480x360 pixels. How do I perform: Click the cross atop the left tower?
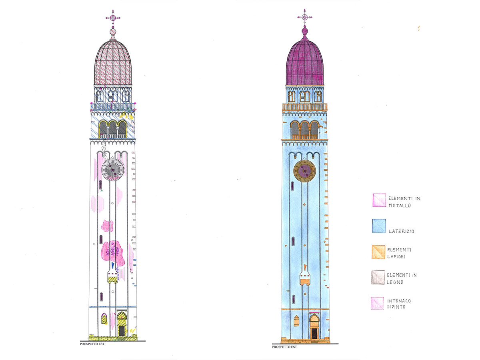(113, 18)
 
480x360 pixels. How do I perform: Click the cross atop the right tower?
(305, 17)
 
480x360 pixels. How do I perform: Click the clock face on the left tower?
(113, 170)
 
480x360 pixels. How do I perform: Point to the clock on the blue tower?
(304, 171)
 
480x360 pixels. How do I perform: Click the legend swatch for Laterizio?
(379, 226)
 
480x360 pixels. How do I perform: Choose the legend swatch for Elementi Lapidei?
(378, 252)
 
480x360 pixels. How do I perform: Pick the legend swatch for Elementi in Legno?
(378, 277)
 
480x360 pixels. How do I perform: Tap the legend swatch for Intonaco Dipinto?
(378, 303)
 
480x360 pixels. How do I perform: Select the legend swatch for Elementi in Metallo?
(380, 200)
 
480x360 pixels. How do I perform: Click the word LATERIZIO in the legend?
(402, 231)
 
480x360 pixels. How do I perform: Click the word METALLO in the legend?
(400, 206)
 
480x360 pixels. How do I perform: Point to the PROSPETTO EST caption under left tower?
(92, 344)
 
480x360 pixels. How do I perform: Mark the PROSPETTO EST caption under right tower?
(284, 347)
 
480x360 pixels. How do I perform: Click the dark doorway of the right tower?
(314, 333)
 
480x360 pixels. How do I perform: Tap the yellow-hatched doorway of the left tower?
(122, 324)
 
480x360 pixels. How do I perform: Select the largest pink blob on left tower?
(113, 253)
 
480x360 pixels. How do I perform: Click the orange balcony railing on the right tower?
(305, 107)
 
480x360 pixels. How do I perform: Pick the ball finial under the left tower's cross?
(113, 32)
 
